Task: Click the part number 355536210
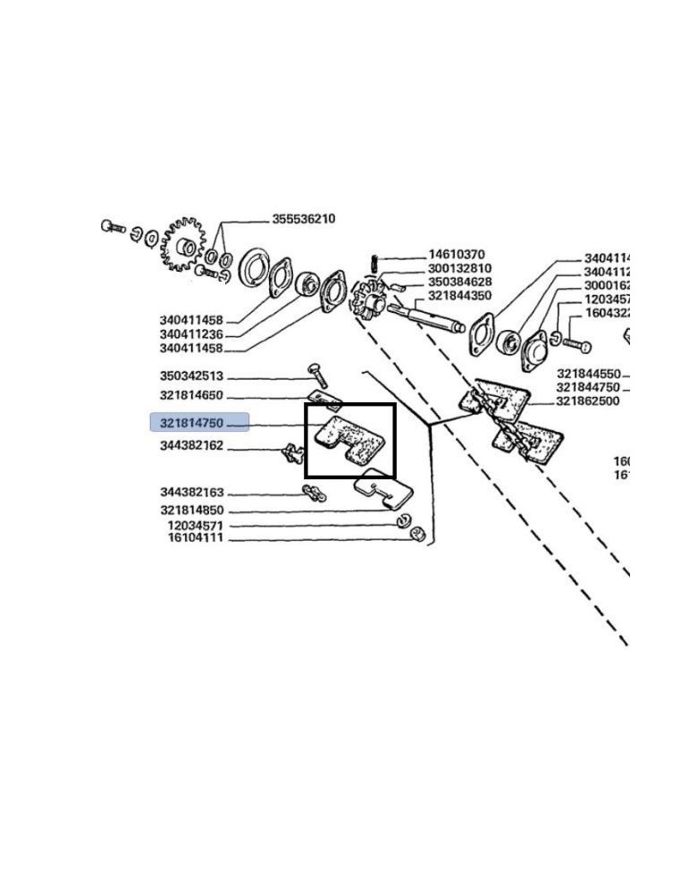pos(303,219)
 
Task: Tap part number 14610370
pos(456,255)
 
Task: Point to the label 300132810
pos(459,268)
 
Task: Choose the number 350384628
pos(459,282)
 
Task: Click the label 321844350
pos(459,295)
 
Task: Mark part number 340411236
pos(191,334)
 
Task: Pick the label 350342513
pos(191,376)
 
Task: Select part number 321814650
pos(191,395)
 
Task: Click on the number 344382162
pos(191,445)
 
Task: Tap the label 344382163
pos(191,493)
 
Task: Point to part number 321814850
pos(191,510)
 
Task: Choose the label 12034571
pos(195,526)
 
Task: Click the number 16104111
pos(195,539)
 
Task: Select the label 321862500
pos(587,401)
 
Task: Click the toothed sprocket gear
pos(184,243)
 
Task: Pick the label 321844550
pos(588,374)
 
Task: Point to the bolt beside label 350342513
pos(318,375)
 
